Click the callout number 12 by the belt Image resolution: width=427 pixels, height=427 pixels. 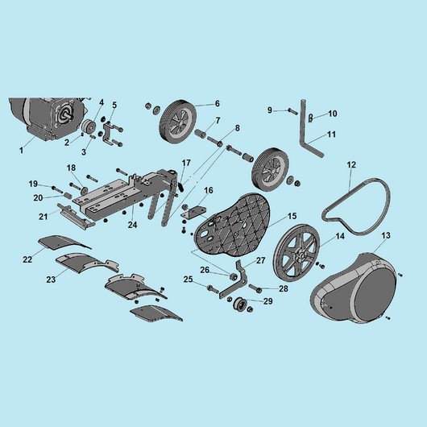(351, 164)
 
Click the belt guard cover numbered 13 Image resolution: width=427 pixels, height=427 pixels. (354, 288)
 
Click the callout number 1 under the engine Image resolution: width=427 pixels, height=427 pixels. (21, 150)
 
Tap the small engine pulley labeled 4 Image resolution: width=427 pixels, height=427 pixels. (89, 126)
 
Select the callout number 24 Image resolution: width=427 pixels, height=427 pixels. (133, 225)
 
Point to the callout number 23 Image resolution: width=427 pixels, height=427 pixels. (51, 279)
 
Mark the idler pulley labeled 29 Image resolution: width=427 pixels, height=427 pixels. (239, 305)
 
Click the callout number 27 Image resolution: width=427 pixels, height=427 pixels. (260, 260)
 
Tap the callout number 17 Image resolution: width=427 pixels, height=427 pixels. (186, 163)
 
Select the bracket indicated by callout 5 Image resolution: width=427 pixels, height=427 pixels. (107, 134)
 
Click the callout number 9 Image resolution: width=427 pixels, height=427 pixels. (270, 110)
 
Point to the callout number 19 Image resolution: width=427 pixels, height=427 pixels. (33, 184)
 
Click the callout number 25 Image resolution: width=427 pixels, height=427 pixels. (188, 280)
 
